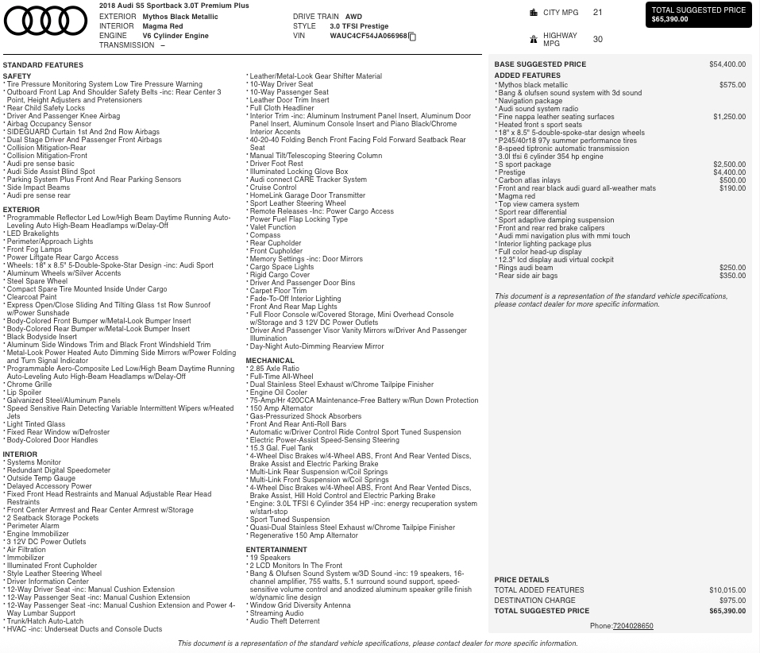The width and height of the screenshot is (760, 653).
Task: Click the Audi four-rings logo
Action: coord(45,21)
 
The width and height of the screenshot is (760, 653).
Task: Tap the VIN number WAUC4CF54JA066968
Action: coord(368,36)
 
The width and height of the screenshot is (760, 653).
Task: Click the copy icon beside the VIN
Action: coord(412,37)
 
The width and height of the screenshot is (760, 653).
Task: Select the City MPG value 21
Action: coord(597,13)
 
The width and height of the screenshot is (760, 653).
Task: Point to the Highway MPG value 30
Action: coord(597,39)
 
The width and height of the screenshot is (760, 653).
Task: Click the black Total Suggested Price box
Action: coord(698,15)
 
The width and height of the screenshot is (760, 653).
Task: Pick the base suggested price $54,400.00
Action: coord(727,64)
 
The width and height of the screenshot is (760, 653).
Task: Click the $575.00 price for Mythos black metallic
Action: coord(732,85)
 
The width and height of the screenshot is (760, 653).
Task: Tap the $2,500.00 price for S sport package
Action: coord(729,164)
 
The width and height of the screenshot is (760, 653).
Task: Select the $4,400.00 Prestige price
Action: coord(729,172)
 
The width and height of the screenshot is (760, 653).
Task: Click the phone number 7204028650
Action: coord(633,626)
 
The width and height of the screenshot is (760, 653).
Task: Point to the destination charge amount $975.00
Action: coord(732,601)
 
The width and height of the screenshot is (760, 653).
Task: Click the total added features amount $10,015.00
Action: coord(727,590)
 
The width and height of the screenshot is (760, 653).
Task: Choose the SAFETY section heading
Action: coord(17,76)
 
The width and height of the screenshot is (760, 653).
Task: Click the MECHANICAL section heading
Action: coord(270,361)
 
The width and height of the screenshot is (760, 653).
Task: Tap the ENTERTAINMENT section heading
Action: coord(276,550)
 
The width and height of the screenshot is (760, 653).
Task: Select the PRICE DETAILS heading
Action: coord(521,580)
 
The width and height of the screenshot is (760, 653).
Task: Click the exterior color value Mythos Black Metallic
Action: coord(180,16)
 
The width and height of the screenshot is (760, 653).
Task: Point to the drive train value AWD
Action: coord(353,16)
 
